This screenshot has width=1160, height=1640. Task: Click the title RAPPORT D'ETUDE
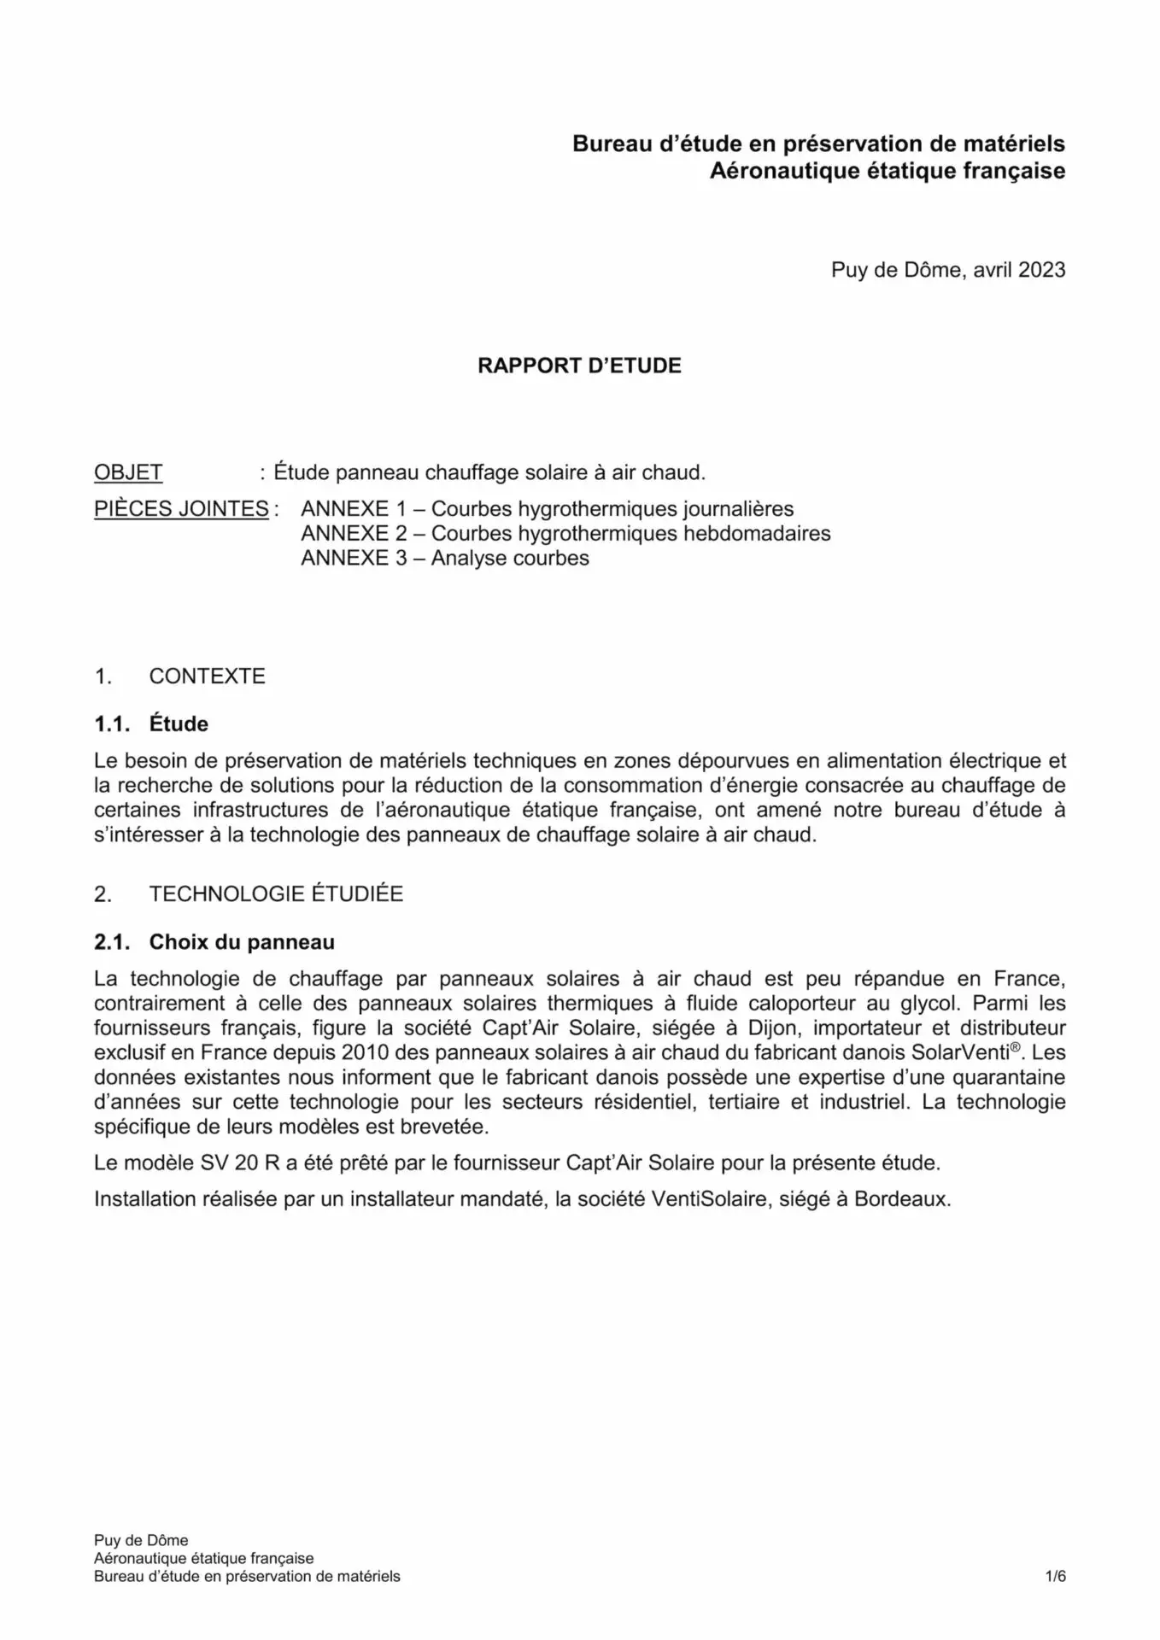(x=579, y=366)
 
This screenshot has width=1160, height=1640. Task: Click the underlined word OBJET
(x=128, y=472)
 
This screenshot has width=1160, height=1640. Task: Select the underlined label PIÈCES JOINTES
(x=181, y=509)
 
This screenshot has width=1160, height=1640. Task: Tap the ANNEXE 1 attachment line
(x=547, y=509)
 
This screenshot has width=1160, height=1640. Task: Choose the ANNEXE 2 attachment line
(x=565, y=534)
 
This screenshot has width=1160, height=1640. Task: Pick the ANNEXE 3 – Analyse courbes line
(x=445, y=559)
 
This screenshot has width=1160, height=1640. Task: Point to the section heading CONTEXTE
(x=207, y=676)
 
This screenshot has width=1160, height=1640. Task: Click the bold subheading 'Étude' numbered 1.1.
(x=179, y=724)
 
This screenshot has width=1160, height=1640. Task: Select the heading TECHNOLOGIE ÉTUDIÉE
(x=276, y=894)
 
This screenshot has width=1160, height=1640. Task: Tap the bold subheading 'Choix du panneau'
(x=242, y=942)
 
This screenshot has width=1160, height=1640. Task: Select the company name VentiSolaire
(x=712, y=1199)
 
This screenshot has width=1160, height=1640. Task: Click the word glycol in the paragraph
(x=931, y=1004)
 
